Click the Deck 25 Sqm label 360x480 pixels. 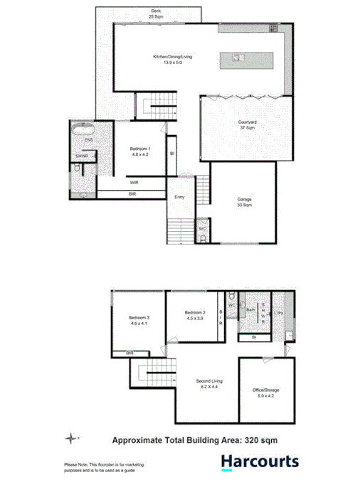[155, 14]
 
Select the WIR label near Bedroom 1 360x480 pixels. [134, 183]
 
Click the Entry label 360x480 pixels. [179, 197]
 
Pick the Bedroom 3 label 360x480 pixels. [138, 320]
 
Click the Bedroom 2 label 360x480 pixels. [194, 315]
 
